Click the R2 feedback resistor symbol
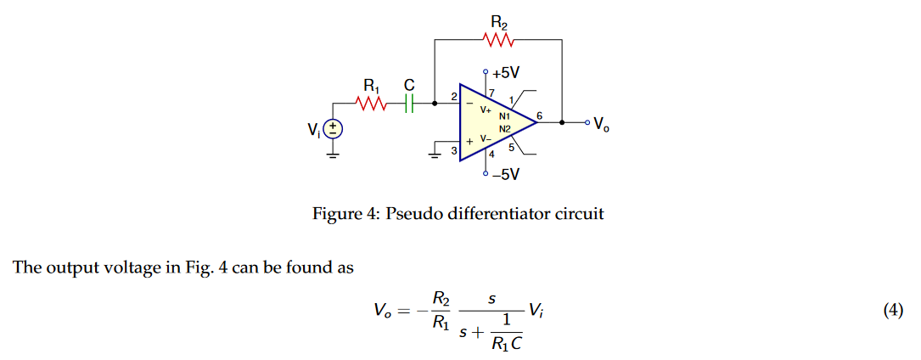[497, 39]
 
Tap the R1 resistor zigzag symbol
[372, 104]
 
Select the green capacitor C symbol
[408, 104]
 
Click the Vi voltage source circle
[334, 129]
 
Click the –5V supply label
[506, 175]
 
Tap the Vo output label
[601, 124]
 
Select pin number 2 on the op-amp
[453, 97]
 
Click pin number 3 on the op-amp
[453, 151]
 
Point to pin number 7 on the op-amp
[491, 92]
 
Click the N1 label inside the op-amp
[504, 115]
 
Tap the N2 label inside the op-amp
[504, 128]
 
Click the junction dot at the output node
[562, 123]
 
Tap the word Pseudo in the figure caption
[413, 214]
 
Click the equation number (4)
[893, 311]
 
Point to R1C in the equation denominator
[506, 344]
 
